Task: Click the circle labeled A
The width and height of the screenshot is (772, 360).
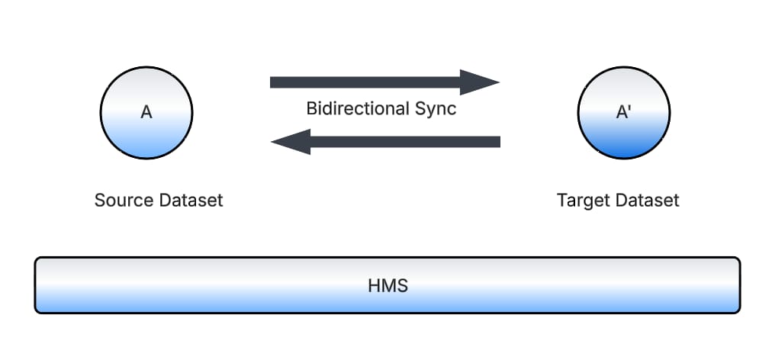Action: coord(146,113)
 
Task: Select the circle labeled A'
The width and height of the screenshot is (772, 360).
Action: coord(624,113)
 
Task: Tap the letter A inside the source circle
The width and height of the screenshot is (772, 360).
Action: coord(146,112)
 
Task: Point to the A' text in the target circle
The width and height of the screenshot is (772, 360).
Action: coord(624,112)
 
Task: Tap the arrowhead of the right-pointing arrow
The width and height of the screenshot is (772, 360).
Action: coord(481,82)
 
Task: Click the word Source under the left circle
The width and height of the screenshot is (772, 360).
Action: coord(124,201)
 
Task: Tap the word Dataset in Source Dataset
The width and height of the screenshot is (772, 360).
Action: coord(191,201)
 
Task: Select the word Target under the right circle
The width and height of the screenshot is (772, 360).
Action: coord(583,201)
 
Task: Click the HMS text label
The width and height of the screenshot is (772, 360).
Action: coord(388,286)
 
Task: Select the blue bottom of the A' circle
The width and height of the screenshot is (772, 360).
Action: coord(624,149)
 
